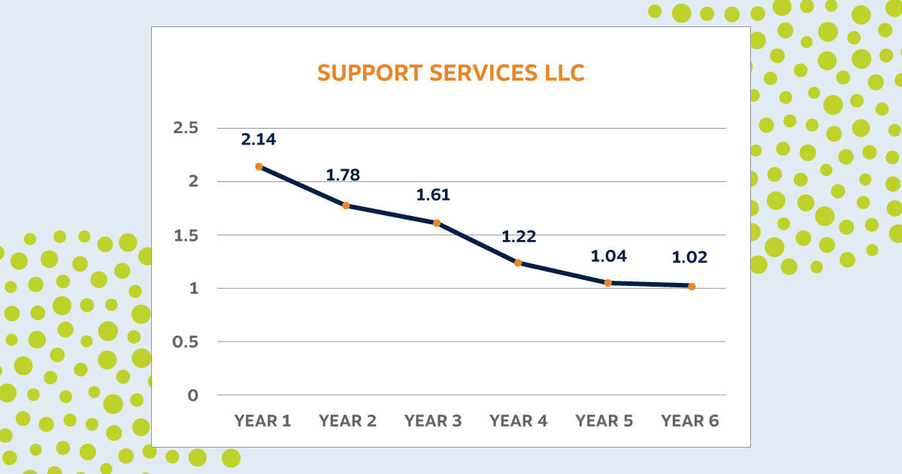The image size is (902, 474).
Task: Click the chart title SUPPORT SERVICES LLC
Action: click(x=450, y=73)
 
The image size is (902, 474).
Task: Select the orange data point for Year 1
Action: click(x=259, y=166)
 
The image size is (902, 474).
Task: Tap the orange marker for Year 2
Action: click(x=346, y=205)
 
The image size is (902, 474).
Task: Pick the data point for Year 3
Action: click(x=437, y=223)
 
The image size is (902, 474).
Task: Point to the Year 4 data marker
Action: click(x=518, y=263)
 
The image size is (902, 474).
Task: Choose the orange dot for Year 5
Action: click(x=605, y=283)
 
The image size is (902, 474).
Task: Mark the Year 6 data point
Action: click(x=692, y=287)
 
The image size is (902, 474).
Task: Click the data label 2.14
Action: click(x=259, y=139)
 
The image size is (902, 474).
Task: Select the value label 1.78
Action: click(x=343, y=175)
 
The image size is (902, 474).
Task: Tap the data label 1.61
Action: click(x=433, y=195)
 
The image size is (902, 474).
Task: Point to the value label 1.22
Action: click(x=519, y=236)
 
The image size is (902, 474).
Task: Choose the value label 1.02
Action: click(x=690, y=257)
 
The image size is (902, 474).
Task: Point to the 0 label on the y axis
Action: click(x=193, y=395)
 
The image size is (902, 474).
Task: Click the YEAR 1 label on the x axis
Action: click(x=262, y=421)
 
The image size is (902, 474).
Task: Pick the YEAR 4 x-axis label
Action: click(x=519, y=421)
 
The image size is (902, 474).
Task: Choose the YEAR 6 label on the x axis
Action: click(x=690, y=421)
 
